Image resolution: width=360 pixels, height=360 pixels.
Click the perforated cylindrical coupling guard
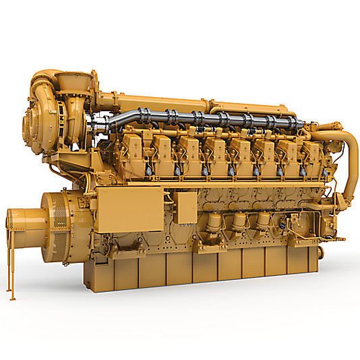coord(24,225)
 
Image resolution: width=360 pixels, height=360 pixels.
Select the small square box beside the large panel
coord(185,207)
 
